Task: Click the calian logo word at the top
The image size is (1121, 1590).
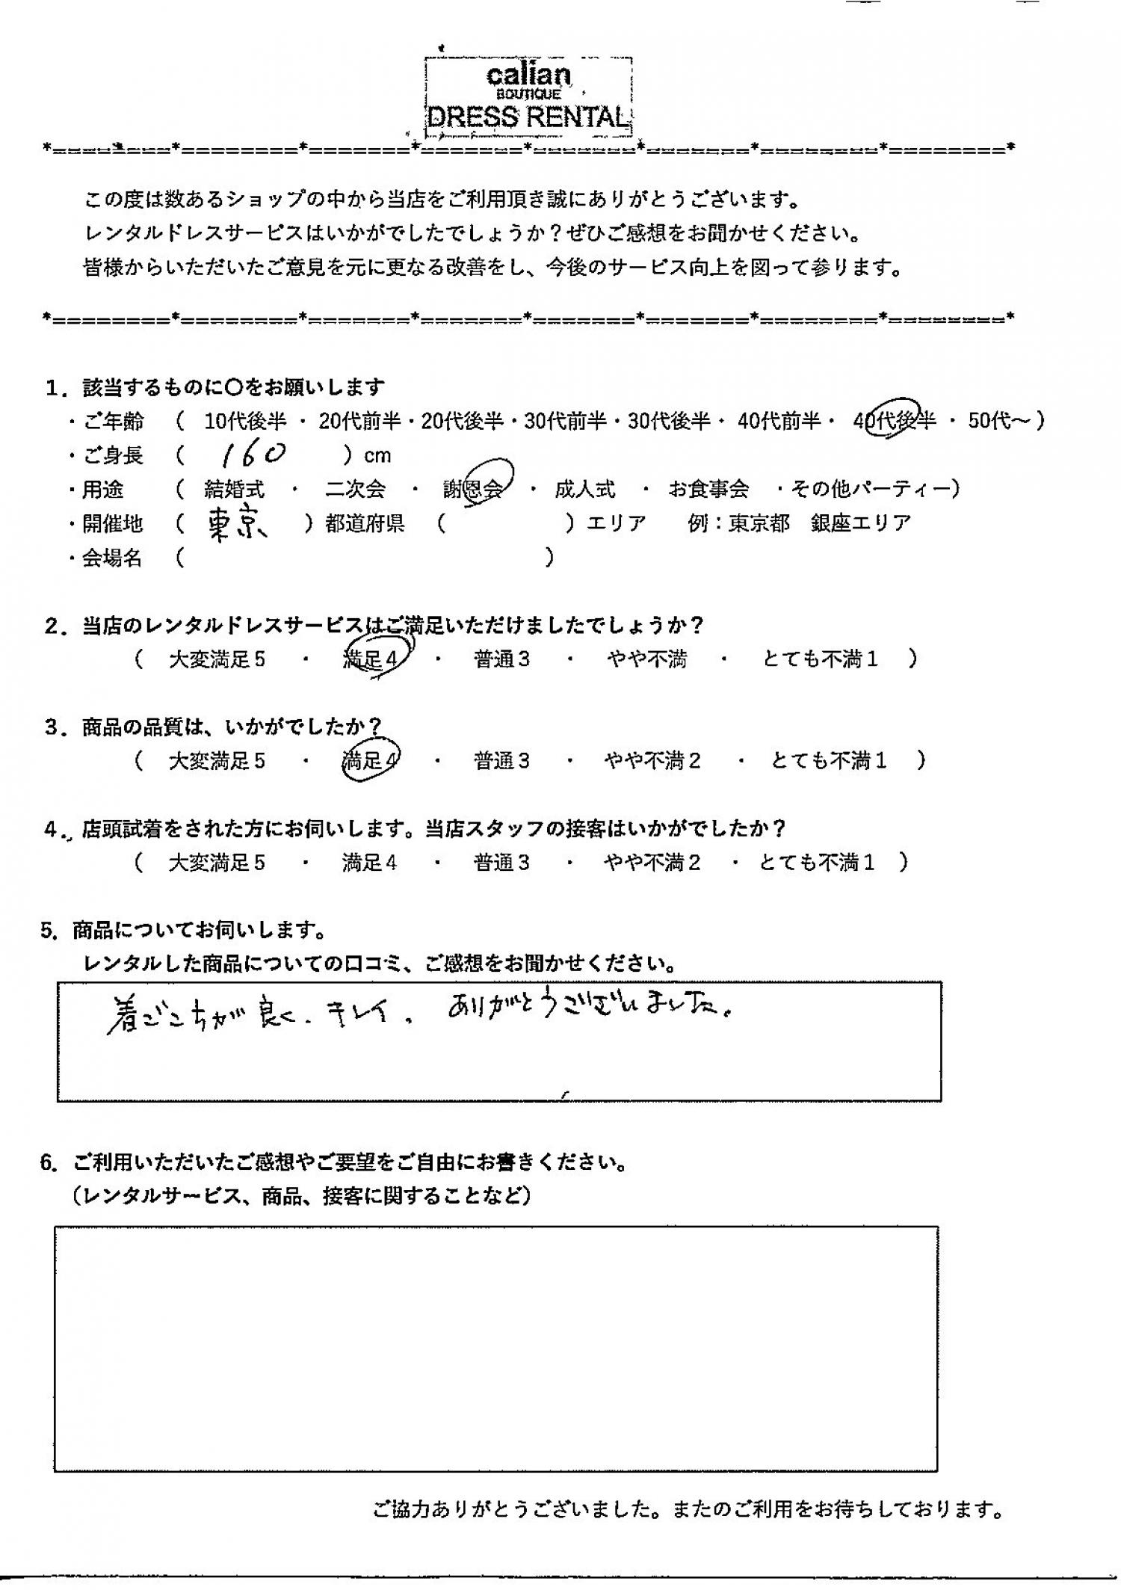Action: (x=528, y=74)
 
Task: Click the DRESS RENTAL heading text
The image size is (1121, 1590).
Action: (x=528, y=117)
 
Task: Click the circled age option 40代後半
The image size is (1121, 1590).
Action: (x=895, y=421)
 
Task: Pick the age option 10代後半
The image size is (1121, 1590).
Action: (x=245, y=422)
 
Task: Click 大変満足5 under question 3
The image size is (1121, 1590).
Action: (x=217, y=761)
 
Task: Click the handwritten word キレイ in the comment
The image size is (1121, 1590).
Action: (x=358, y=1016)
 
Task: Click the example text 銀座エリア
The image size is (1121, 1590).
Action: (x=860, y=523)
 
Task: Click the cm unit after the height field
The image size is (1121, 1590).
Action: (x=377, y=456)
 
